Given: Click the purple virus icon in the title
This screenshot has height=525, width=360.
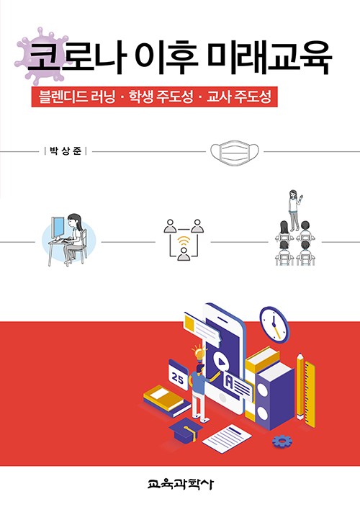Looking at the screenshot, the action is point(42,56).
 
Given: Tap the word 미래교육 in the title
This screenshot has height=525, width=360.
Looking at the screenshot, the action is point(270,58).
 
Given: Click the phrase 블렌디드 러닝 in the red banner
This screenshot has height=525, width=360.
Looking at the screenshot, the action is point(77,97).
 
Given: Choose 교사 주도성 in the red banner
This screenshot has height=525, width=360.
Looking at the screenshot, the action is point(239,97).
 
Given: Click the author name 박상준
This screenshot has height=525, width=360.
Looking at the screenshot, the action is point(66,151).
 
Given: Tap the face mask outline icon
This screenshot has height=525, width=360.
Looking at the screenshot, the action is point(235,153).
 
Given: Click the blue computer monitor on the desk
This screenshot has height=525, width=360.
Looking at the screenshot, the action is point(58,227).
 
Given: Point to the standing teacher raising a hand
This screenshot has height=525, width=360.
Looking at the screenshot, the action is point(294,210).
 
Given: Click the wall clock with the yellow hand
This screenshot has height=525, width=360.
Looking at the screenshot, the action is point(274,325).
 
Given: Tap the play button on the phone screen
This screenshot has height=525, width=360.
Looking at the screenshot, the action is point(220,362).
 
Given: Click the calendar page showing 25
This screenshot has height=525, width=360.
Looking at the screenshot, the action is point(178,375).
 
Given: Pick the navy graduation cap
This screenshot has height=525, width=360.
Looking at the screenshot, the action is point(186,429).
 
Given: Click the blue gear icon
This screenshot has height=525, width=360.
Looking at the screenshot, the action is point(282,441).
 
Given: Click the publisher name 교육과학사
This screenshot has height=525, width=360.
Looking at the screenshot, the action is point(181,484).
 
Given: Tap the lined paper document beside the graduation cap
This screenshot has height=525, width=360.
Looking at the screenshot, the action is point(227,439).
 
